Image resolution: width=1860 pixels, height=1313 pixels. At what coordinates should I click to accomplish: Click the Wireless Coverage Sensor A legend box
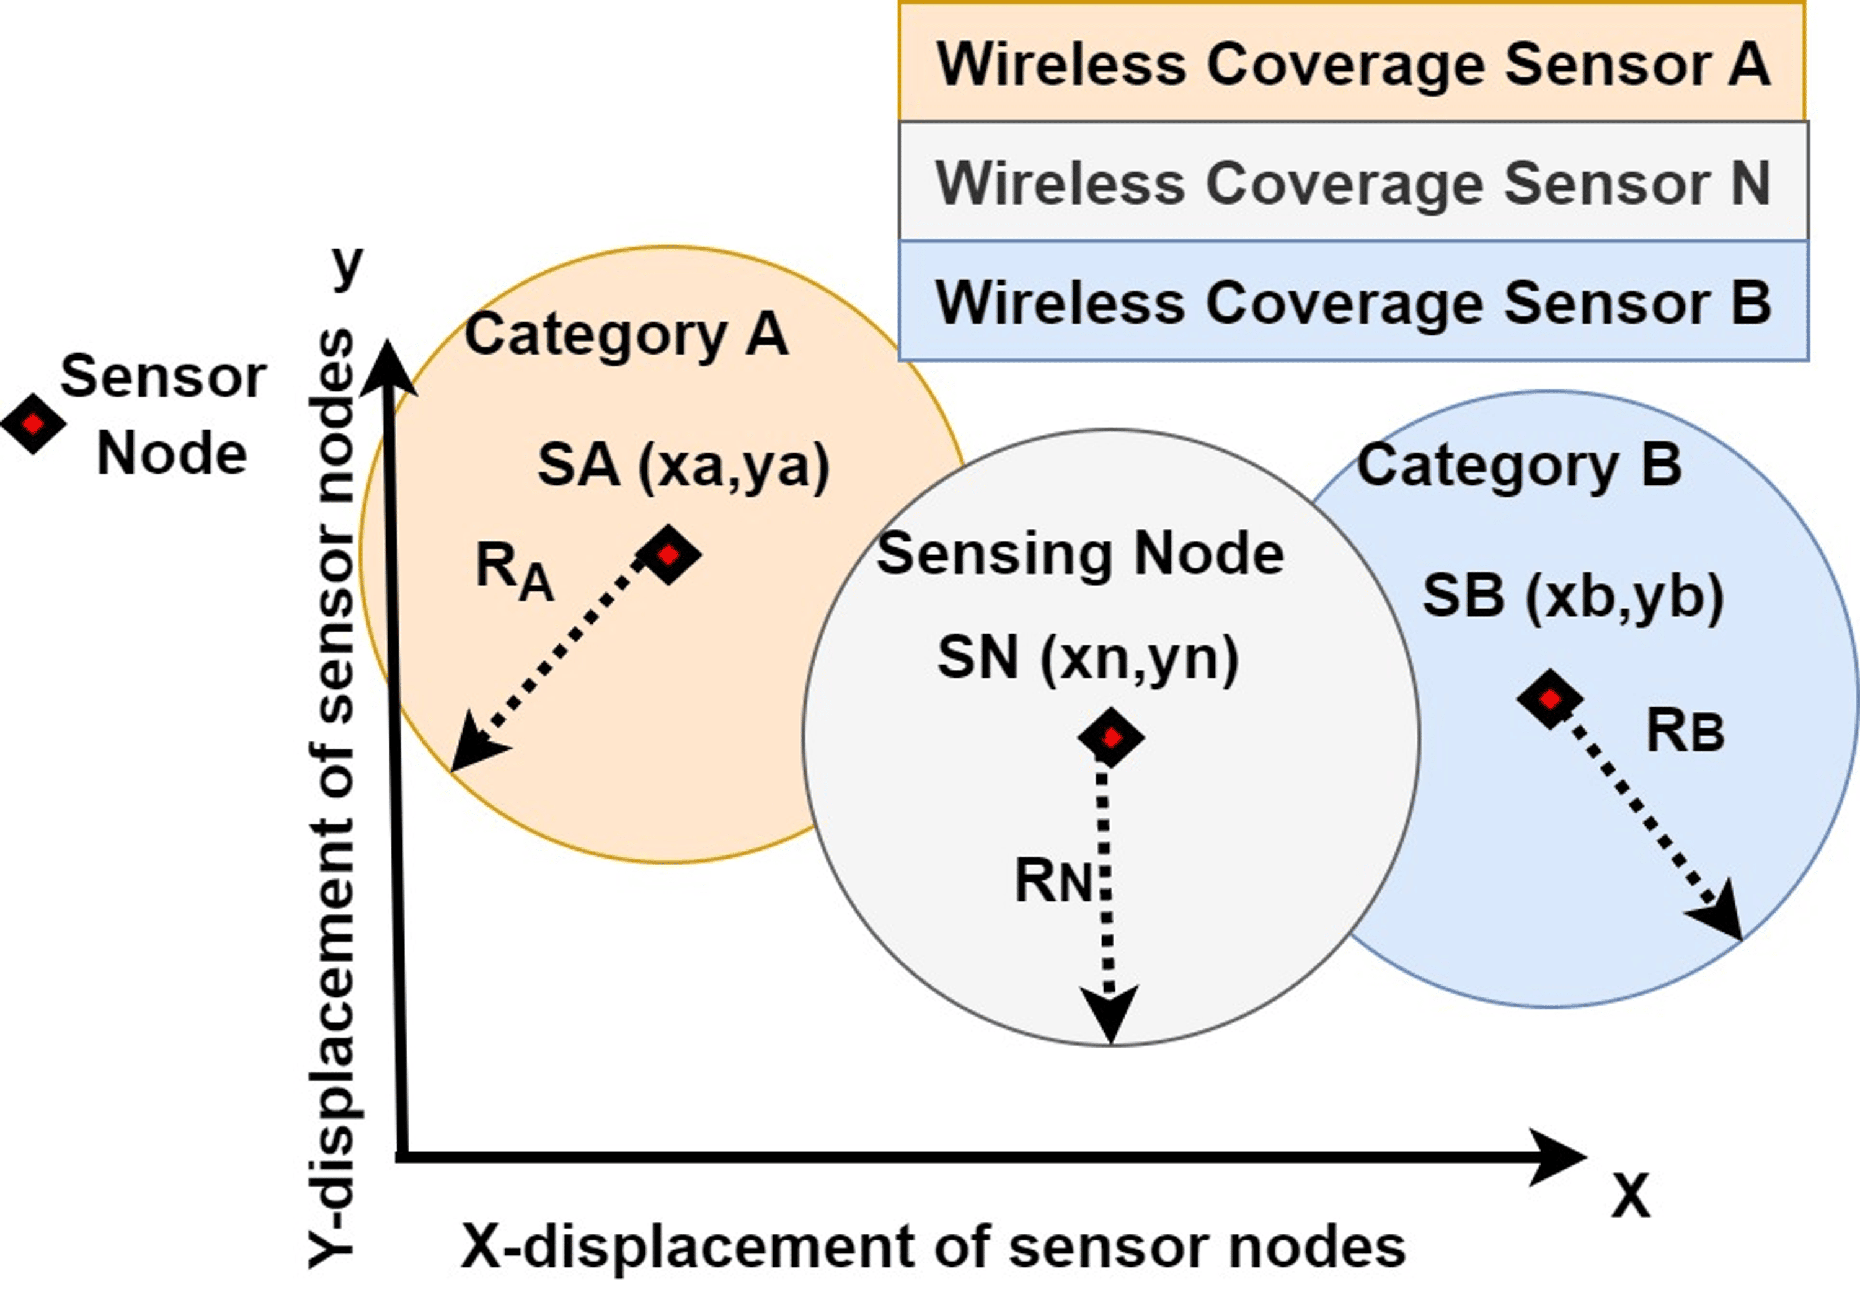pos(1352,63)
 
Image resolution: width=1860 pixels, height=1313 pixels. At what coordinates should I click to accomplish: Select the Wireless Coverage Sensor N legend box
pos(1352,182)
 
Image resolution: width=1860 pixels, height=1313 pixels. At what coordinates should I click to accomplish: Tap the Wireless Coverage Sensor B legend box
pos(1352,301)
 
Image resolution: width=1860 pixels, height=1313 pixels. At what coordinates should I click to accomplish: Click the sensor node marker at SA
pos(668,555)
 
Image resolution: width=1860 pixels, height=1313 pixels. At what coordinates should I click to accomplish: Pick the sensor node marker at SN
pos(1110,738)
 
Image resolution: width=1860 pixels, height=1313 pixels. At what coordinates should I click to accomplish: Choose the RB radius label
pos(1685,732)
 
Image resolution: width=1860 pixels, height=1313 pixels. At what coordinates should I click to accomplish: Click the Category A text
pos(626,335)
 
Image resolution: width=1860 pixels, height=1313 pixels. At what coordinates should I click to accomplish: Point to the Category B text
pos(1519,466)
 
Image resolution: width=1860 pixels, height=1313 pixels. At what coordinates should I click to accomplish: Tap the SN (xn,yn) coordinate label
pos(1087,658)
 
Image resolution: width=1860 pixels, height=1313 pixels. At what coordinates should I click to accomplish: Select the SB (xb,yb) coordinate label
pos(1572,597)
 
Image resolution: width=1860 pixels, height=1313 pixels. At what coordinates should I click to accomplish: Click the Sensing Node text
pos(1080,554)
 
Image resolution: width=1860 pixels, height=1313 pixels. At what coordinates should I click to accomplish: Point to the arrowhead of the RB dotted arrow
pos(1722,915)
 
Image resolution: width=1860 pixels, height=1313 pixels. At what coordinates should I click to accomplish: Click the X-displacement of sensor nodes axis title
pos(932,1247)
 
